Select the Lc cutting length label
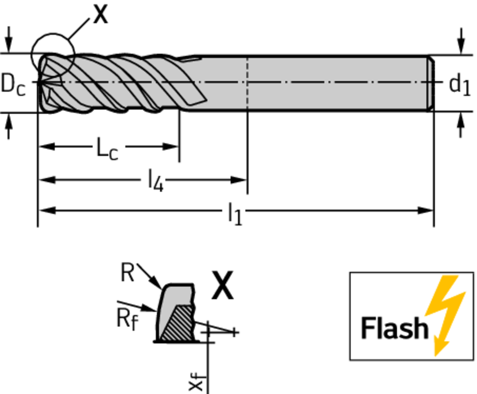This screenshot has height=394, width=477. pos(107,149)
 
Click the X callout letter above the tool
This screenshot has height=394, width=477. pos(100,14)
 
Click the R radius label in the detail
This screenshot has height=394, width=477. pos(127,273)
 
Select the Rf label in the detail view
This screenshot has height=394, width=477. pos(127,319)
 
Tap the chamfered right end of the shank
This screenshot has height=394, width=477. pos(431,84)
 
